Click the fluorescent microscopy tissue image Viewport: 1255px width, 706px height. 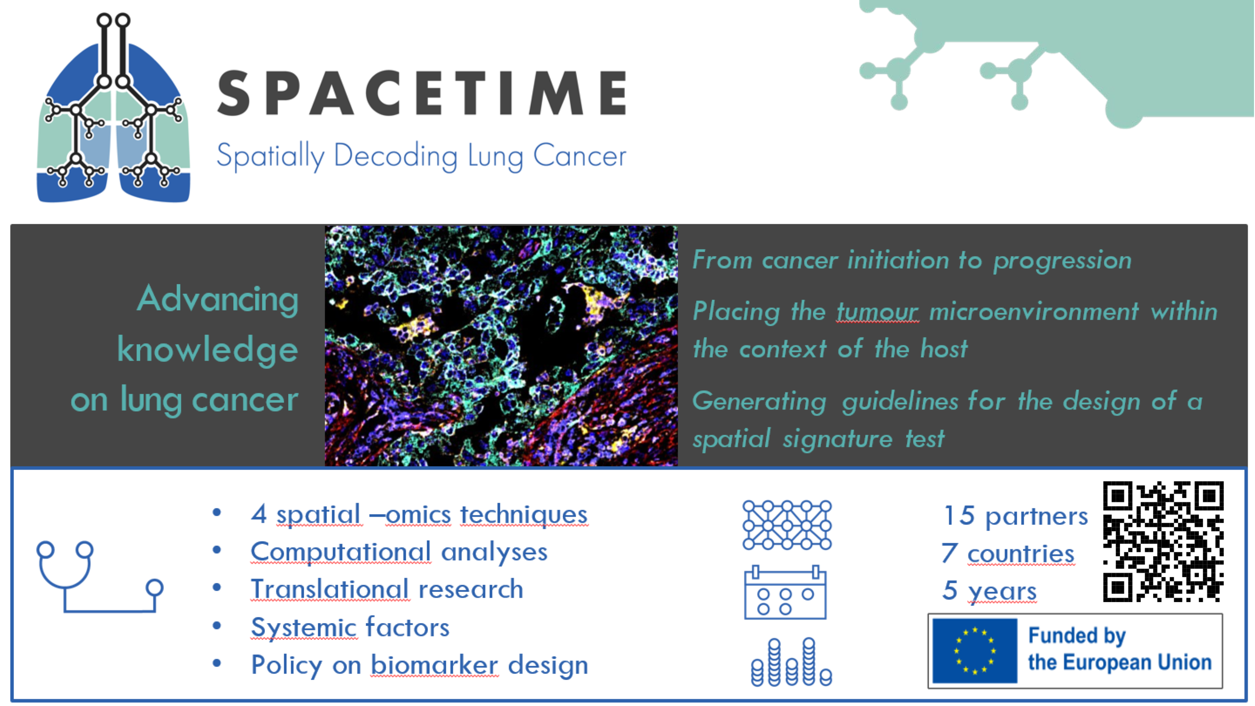501,345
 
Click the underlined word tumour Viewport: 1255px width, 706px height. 878,311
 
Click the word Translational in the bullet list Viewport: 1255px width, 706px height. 330,589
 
